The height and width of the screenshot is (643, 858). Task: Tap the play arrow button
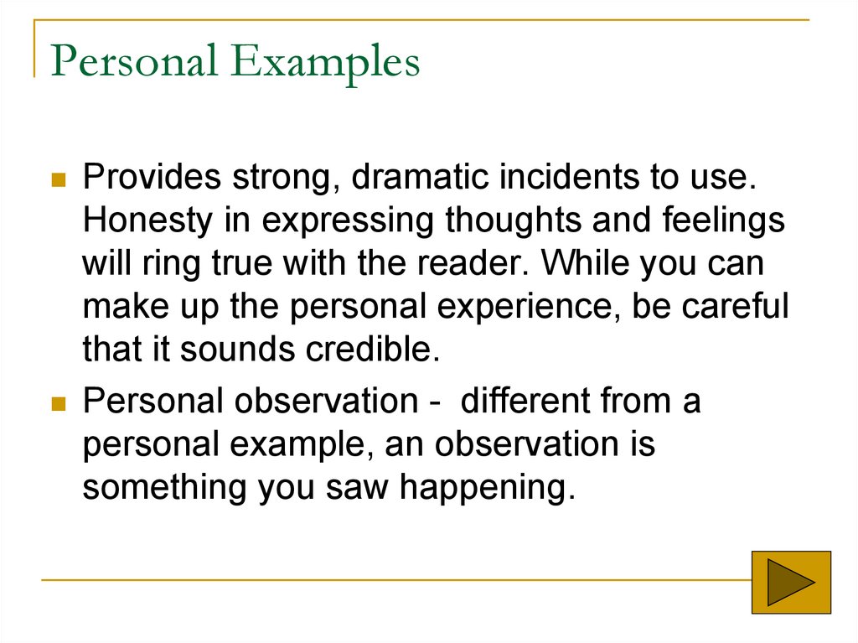coord(791,580)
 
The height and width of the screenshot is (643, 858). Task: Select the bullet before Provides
coord(59,180)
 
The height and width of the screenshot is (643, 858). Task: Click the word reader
coord(481,264)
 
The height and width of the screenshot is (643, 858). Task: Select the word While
coord(581,264)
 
